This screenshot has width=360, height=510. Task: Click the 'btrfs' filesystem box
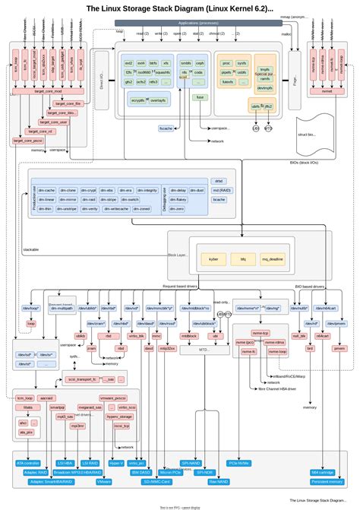click(154, 63)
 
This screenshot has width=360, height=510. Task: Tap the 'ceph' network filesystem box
click(199, 63)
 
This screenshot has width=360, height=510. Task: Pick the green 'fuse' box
click(200, 97)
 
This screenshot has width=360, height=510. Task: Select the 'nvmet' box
click(327, 89)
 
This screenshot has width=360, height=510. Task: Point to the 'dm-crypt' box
click(86, 190)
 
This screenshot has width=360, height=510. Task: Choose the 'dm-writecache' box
click(111, 208)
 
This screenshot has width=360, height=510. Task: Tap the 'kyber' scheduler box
click(213, 259)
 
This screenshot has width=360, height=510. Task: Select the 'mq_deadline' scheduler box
click(273, 259)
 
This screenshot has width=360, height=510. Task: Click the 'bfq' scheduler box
click(243, 259)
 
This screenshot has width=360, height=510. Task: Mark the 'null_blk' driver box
click(298, 335)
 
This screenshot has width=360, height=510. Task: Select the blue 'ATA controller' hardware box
click(27, 462)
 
